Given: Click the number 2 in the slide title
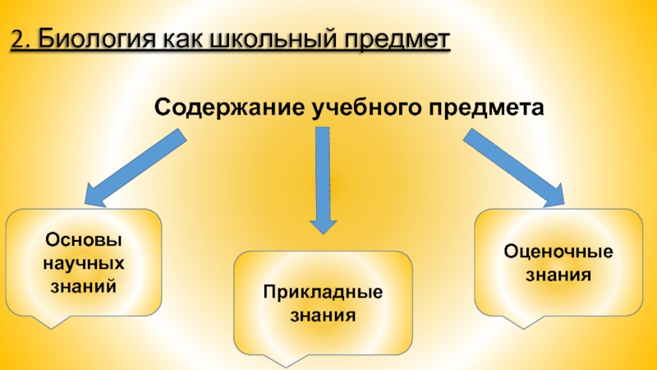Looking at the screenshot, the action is pos(17,39).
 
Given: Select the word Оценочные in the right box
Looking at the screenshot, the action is pos(558,251).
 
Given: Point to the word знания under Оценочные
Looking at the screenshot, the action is pos(558,274).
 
